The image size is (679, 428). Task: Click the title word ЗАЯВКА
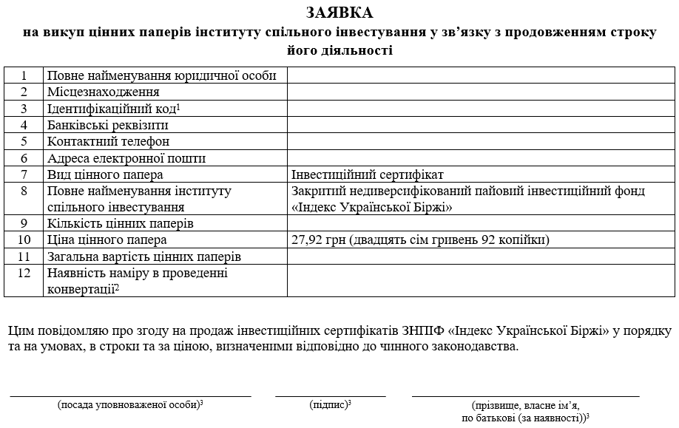pos(339,13)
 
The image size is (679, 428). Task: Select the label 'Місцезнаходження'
pos(104,92)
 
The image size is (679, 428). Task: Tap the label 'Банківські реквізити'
pos(108,125)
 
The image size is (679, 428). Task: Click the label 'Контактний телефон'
pos(108,141)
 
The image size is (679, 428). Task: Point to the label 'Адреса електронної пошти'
pos(126,158)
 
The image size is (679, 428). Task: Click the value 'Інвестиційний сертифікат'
pos(368,174)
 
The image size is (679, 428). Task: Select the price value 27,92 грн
pos(320,240)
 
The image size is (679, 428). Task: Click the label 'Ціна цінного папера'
pos(107,240)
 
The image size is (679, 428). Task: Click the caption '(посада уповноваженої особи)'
pos(130,404)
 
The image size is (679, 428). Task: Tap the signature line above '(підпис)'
pos(330,396)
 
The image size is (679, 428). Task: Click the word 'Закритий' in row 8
pos(317,191)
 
